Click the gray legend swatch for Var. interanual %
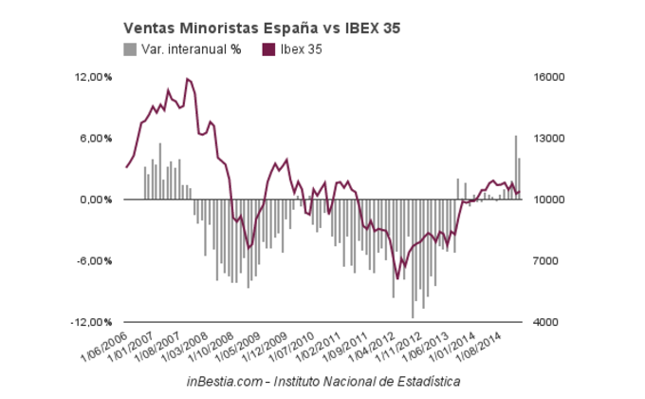click(x=130, y=49)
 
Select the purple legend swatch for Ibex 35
click(x=267, y=49)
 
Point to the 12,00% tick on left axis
click(x=94, y=77)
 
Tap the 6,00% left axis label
click(x=97, y=139)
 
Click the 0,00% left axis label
click(x=97, y=200)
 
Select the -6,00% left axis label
click(x=95, y=261)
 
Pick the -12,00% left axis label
click(x=93, y=323)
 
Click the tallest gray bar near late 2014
click(x=516, y=167)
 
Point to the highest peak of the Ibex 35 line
click(x=188, y=79)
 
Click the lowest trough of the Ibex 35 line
click(x=397, y=278)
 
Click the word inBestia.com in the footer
click(x=228, y=381)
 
